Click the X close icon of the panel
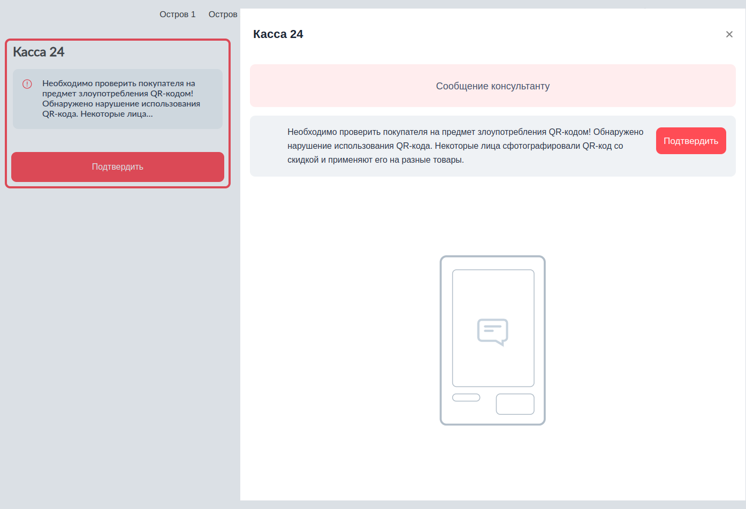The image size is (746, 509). coord(729,34)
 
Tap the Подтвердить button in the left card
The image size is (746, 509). coord(118,167)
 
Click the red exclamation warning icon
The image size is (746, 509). coord(27,84)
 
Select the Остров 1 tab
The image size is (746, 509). coord(178,14)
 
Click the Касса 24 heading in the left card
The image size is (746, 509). coord(39,52)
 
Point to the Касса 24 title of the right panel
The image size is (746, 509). coord(278,34)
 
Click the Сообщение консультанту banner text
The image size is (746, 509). coord(492,86)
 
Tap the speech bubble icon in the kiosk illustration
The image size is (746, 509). coord(492,332)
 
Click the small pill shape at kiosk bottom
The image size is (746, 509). coord(466,398)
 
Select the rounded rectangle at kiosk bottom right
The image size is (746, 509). coord(515,404)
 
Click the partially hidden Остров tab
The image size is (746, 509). coord(223,14)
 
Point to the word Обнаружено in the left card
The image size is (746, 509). coord(67,104)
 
